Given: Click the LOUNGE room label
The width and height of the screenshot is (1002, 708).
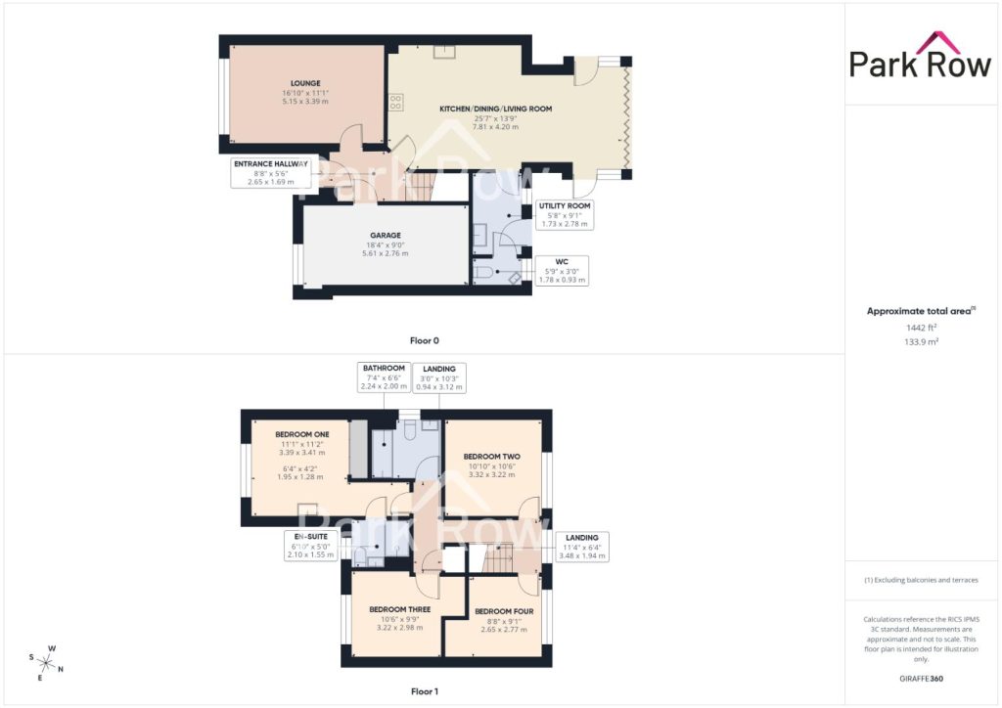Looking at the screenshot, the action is click(305, 83).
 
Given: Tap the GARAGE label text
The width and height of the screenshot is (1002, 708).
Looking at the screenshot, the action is click(386, 235).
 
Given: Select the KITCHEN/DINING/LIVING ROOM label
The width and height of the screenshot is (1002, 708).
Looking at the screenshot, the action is click(495, 109).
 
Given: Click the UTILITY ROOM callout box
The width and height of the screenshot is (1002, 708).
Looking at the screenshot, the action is click(565, 214).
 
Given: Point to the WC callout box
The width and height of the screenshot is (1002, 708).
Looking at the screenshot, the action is click(562, 271).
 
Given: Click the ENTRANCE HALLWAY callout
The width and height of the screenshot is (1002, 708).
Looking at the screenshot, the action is click(271, 172).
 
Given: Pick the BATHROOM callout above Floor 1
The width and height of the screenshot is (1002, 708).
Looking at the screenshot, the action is click(384, 377).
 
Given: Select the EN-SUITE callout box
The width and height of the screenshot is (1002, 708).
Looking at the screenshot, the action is click(310, 546).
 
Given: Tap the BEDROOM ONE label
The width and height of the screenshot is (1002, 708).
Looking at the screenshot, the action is click(302, 434).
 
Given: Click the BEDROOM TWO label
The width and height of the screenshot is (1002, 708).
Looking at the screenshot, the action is click(491, 457).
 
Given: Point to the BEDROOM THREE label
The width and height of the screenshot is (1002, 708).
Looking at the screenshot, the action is click(399, 609).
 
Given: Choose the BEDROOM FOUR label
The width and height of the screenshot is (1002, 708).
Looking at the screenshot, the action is click(504, 611).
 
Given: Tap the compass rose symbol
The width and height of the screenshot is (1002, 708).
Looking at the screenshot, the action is click(46, 663).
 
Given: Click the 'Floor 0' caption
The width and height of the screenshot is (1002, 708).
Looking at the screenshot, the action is click(425, 341).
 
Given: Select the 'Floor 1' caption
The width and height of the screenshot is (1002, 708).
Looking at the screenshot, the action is click(425, 691).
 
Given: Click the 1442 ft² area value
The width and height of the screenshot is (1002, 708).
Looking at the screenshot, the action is click(921, 328).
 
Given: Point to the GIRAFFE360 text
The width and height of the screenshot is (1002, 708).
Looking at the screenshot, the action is click(921, 679).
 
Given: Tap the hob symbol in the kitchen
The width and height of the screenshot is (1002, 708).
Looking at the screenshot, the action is click(395, 102).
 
